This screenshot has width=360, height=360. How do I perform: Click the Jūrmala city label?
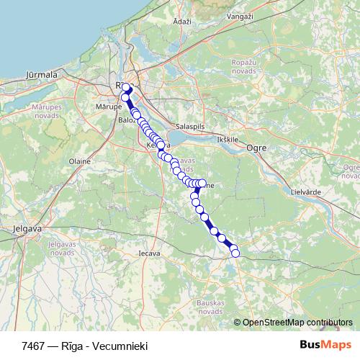click(41, 73)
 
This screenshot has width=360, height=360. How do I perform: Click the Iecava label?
click(149, 253)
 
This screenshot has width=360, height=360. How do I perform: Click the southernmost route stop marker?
click(234, 253)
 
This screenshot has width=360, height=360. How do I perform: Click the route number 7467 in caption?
click(32, 346)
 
